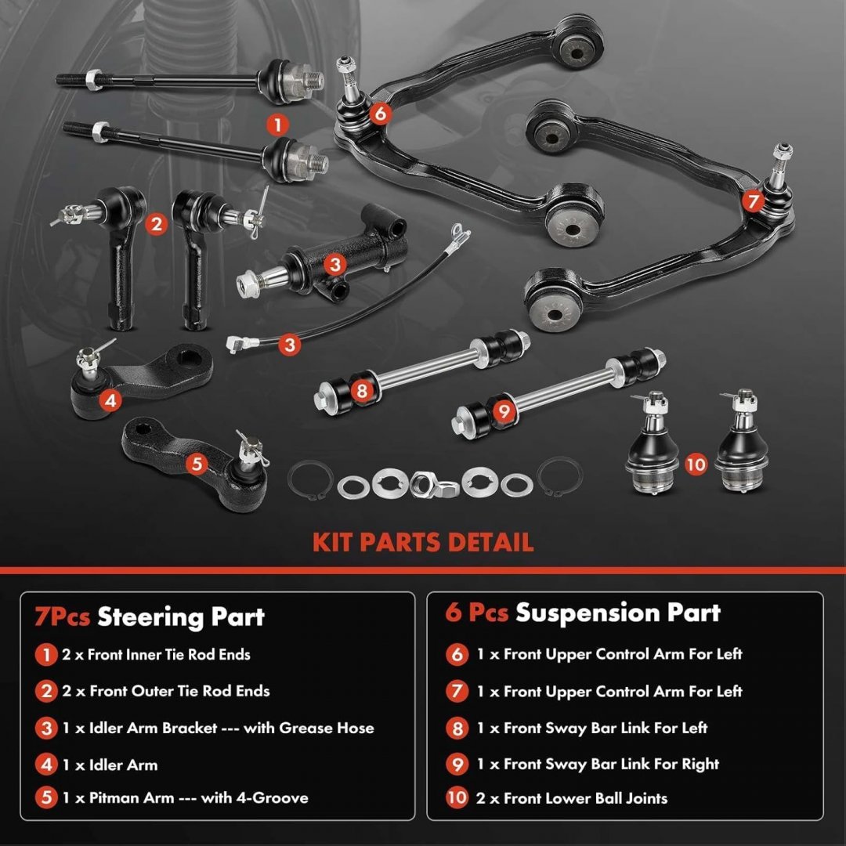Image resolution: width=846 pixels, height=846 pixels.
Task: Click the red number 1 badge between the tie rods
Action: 278,125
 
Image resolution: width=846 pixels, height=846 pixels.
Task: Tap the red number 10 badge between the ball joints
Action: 696,464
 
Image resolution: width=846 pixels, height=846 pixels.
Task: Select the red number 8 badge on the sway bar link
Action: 362,391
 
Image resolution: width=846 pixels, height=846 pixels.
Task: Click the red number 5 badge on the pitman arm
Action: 197,464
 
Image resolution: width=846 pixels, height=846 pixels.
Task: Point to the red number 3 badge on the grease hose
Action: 290,344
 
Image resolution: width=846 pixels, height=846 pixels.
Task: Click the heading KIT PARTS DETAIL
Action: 423,542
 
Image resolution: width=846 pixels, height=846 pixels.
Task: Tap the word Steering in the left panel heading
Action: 150,616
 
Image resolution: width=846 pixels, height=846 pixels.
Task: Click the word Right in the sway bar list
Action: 700,765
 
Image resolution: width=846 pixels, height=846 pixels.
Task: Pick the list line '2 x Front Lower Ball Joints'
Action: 571,798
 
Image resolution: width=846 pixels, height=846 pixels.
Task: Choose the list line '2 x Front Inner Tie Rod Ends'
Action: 156,654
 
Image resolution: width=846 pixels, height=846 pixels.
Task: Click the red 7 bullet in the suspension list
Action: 457,691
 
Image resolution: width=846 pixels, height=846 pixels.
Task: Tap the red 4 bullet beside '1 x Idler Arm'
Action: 46,764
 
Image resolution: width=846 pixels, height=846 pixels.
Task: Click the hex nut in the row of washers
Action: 424,484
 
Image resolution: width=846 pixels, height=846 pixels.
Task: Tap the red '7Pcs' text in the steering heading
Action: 62,617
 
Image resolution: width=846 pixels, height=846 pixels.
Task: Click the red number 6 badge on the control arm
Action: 380,114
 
